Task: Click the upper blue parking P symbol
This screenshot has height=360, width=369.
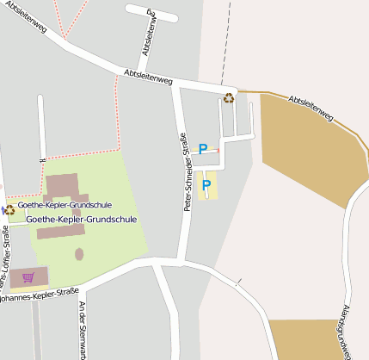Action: pyautogui.click(x=203, y=149)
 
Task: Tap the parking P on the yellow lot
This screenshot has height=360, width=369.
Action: pyautogui.click(x=206, y=184)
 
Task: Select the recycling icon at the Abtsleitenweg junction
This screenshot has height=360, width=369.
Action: pyautogui.click(x=229, y=97)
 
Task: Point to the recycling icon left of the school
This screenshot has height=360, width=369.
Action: pyautogui.click(x=9, y=208)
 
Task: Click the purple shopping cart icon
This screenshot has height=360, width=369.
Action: pyautogui.click(x=28, y=277)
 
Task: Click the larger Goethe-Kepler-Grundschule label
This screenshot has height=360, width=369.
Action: pyautogui.click(x=82, y=220)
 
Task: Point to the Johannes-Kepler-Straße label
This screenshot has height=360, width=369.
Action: pyautogui.click(x=39, y=295)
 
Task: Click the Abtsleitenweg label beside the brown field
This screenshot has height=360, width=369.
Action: pyautogui.click(x=311, y=108)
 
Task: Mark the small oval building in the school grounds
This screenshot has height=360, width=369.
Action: pyautogui.click(x=79, y=254)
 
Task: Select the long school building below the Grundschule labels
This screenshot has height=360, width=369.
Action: pyautogui.click(x=61, y=232)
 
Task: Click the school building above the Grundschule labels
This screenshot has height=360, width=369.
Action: pyautogui.click(x=63, y=186)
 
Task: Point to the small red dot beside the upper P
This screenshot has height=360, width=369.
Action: pyautogui.click(x=218, y=150)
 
